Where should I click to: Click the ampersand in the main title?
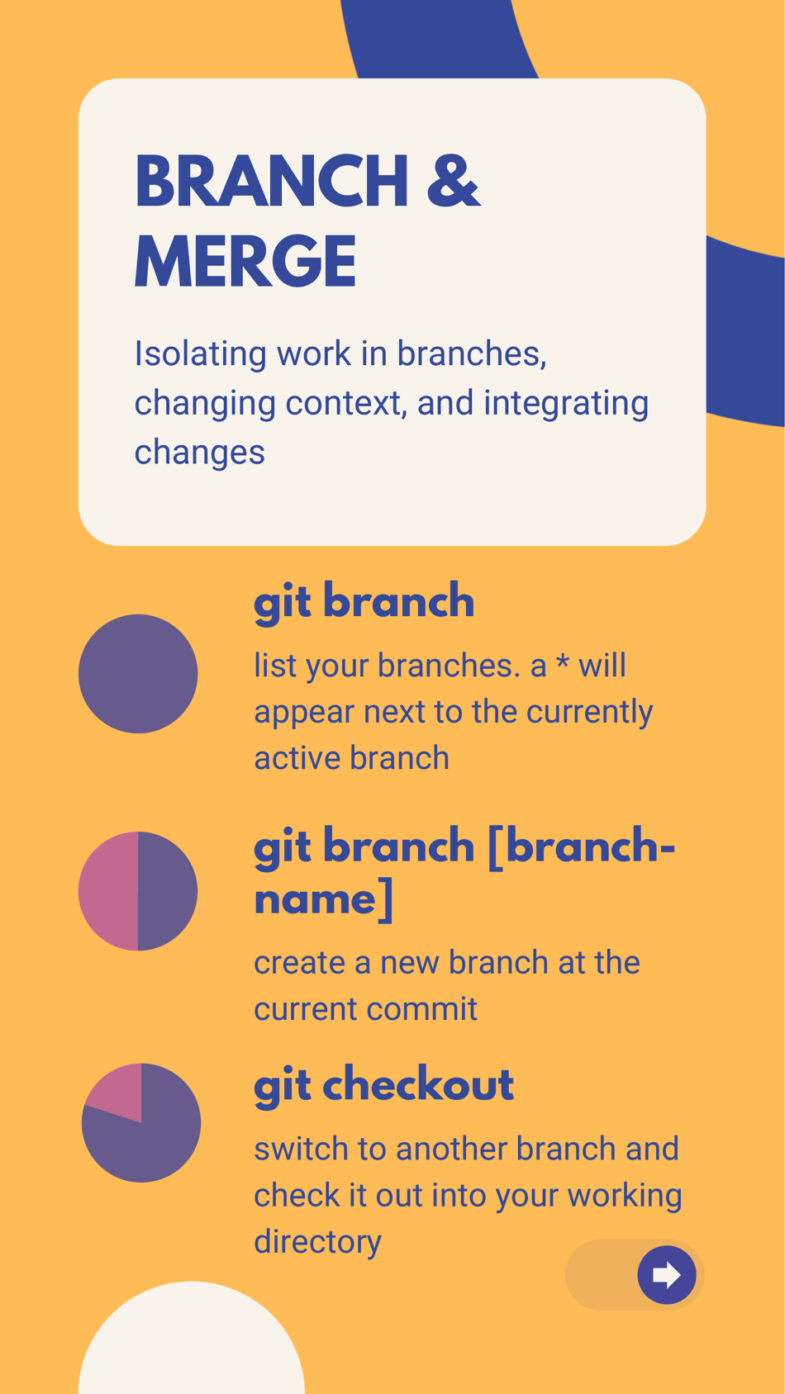(453, 182)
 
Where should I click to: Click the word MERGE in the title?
(245, 263)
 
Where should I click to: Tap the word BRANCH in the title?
(272, 182)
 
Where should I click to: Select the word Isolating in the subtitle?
(201, 353)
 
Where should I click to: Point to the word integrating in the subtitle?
(566, 403)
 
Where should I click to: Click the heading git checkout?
(383, 1084)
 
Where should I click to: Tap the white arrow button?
(666, 1275)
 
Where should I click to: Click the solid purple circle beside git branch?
(138, 674)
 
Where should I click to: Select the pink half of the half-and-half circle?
(109, 891)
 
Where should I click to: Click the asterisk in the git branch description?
(563, 663)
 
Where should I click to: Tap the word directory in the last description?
(317, 1241)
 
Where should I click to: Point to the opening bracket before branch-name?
(495, 847)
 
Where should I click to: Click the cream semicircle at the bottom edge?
(192, 1346)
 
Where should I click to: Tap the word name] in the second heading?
(323, 899)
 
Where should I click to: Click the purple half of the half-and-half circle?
(168, 891)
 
